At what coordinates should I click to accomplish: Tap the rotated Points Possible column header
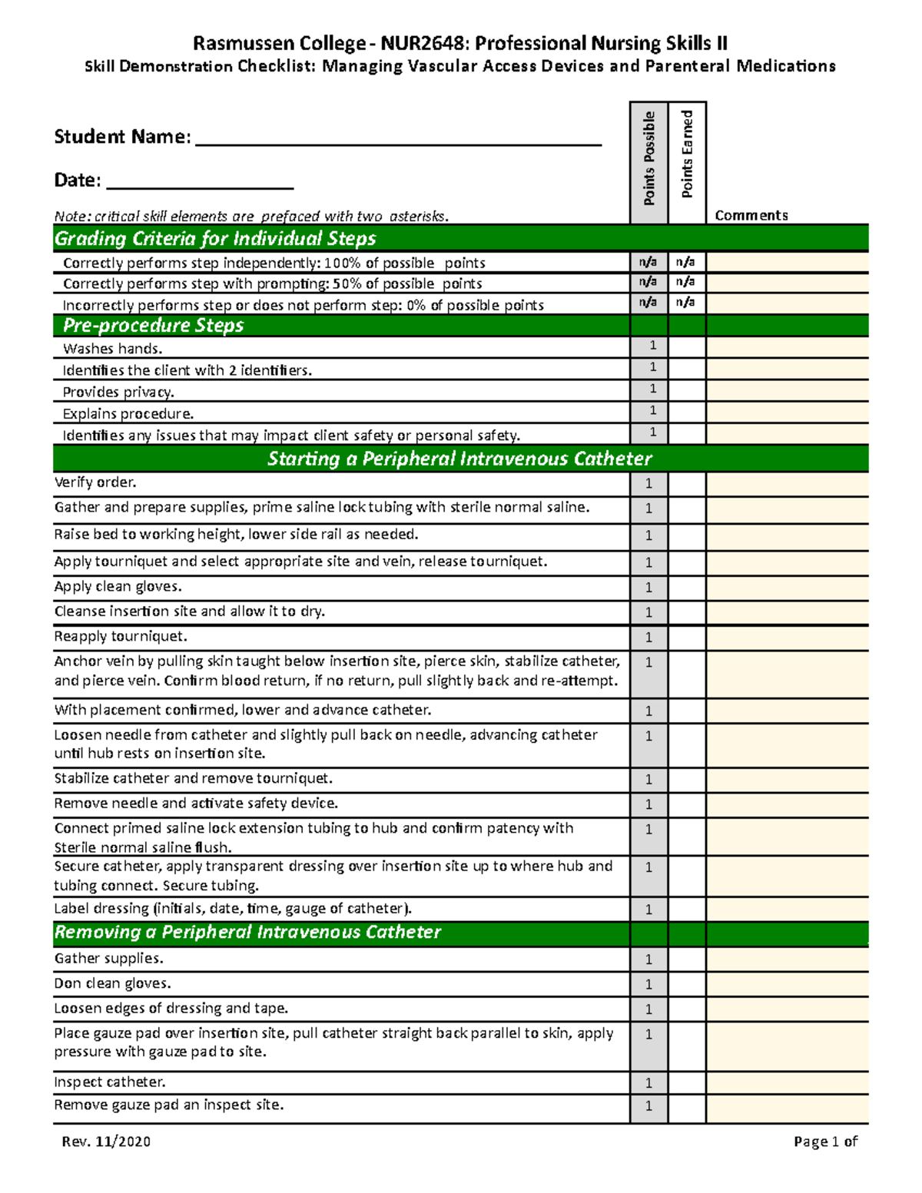649,158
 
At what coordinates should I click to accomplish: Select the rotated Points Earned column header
687,154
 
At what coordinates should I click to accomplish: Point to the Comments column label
751,215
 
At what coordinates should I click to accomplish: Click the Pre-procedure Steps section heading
153,326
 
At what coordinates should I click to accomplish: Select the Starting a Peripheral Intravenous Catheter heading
459,459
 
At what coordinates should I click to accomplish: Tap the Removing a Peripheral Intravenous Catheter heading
247,933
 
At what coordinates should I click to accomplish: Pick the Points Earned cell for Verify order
687,484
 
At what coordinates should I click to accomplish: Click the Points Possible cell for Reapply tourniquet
649,638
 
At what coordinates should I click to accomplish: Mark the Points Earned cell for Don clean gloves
687,984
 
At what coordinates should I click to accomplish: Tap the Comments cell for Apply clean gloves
787,588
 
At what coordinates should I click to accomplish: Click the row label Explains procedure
128,414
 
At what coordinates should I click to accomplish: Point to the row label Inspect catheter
110,1082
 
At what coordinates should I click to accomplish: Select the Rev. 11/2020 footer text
106,1142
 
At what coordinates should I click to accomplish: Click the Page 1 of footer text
825,1142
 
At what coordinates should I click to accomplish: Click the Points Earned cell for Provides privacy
687,390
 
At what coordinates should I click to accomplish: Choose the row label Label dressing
233,909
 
